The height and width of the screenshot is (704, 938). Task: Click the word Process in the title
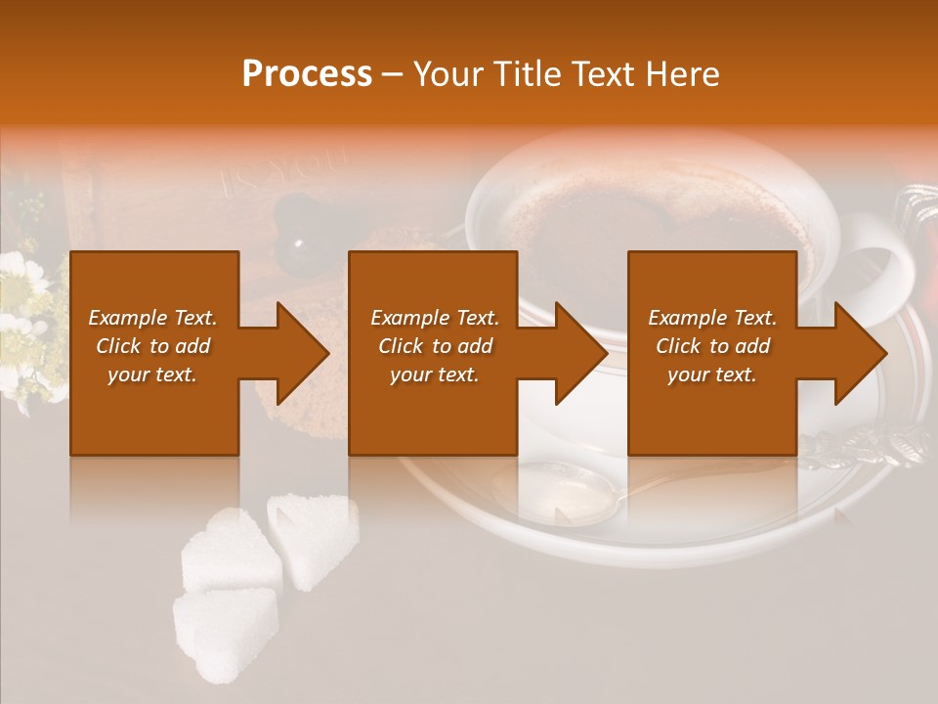(x=307, y=73)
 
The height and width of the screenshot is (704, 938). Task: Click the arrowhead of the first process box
(x=300, y=353)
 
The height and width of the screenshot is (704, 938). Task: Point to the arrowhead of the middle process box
(x=578, y=353)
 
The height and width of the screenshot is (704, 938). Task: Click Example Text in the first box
(x=153, y=318)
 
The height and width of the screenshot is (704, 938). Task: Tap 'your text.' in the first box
(x=153, y=374)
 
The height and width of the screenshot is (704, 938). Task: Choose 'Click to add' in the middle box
(x=435, y=346)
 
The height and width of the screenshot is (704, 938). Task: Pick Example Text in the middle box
(x=435, y=318)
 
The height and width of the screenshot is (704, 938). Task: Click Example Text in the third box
(x=712, y=318)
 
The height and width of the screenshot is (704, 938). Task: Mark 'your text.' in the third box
(x=712, y=374)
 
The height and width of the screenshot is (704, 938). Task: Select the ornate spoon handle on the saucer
(x=860, y=450)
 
